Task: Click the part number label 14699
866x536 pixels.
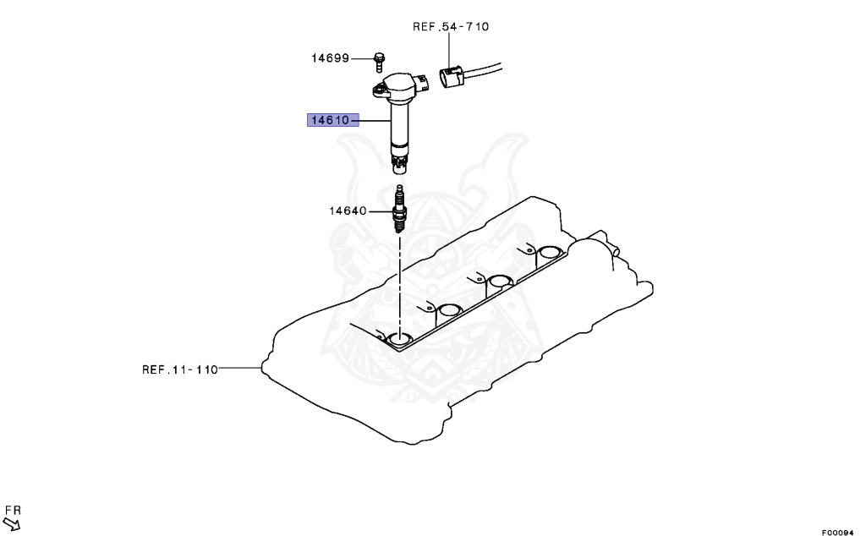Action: coord(330,58)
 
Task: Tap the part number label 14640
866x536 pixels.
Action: coord(348,210)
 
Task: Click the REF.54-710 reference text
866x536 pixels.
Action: coord(450,26)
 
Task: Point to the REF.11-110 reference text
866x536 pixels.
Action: coord(179,369)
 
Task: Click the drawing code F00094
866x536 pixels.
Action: coord(837,531)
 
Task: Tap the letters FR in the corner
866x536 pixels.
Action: coord(12,510)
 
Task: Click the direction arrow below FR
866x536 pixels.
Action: coord(12,524)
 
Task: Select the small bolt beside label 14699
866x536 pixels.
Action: coord(380,60)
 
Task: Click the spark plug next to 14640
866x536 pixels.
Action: coord(399,210)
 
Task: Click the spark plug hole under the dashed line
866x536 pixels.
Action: coord(400,340)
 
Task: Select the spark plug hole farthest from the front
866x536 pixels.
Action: coord(550,252)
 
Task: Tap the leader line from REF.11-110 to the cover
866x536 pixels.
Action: coord(241,369)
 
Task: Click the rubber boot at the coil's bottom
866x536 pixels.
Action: coord(399,160)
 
